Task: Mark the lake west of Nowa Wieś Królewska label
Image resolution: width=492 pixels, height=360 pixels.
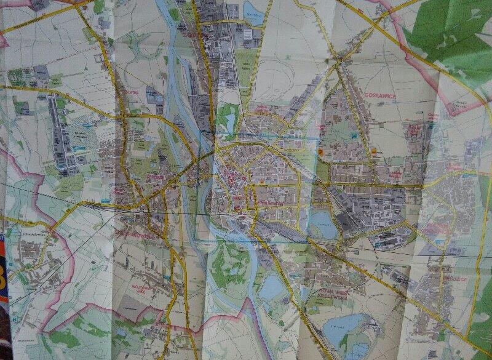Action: pos(271,287)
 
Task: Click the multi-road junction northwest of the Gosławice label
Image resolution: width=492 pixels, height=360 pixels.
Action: pos(339,61)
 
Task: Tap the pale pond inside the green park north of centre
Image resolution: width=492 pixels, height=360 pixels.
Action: pos(231,120)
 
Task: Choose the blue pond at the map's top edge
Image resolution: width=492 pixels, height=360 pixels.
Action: pos(253,11)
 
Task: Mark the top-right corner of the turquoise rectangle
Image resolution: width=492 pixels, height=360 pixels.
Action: pos(317,138)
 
